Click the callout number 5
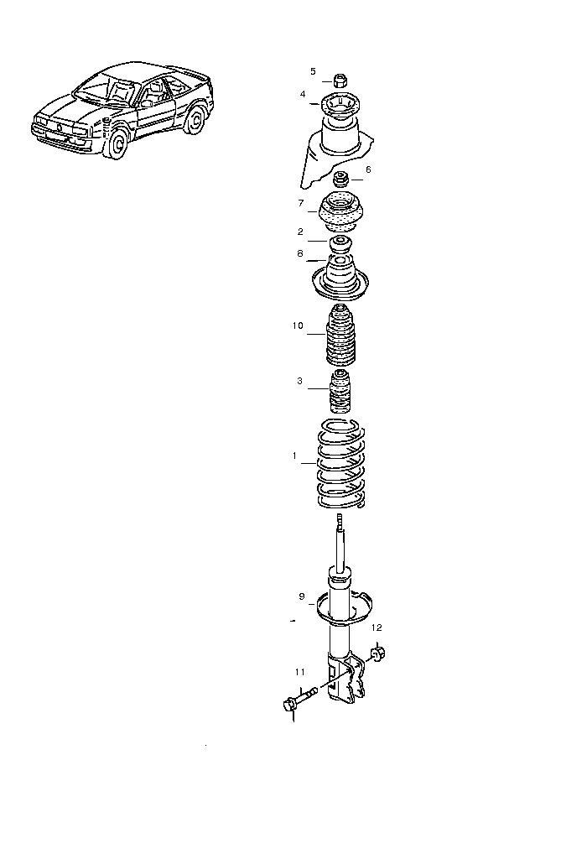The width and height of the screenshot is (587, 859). coord(314,71)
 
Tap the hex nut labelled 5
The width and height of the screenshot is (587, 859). coord(340,80)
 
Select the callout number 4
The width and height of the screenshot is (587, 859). coord(303,94)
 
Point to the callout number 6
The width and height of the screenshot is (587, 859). coord(368,169)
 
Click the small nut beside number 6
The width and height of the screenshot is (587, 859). coord(341,179)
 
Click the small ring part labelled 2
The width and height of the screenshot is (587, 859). coord(340,242)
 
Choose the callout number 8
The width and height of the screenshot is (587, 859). coord(300,253)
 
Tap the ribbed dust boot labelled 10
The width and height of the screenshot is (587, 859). coord(340,335)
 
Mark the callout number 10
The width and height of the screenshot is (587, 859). coord(298,326)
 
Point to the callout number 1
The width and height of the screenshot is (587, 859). coord(294,456)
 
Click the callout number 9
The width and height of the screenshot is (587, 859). coord(302,596)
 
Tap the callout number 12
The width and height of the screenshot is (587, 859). coord(377,627)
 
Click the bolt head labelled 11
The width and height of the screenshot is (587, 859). coord(289,705)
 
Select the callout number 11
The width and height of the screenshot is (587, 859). coord(300,672)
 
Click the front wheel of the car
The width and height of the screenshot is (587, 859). coord(116,144)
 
